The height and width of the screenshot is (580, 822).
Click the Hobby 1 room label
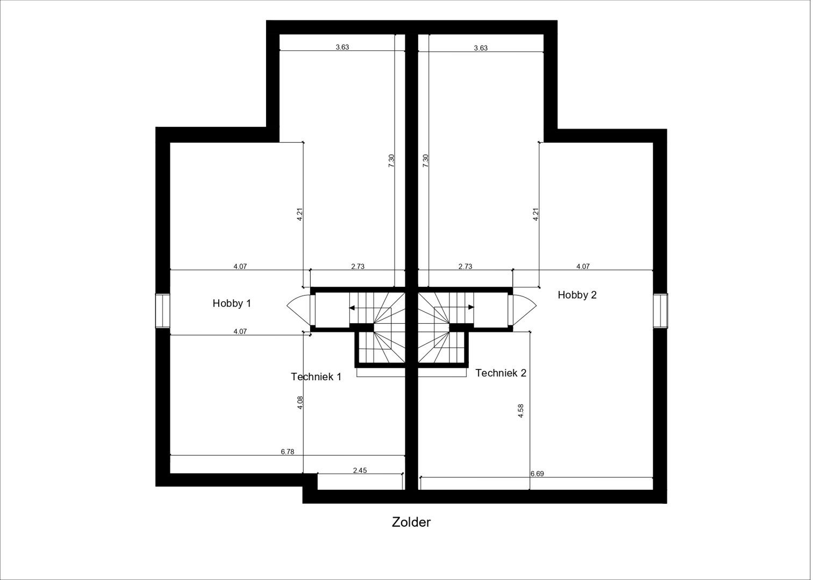coord(232,303)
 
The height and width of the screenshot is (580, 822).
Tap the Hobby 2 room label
coord(577,295)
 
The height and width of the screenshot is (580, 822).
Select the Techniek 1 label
coord(316,376)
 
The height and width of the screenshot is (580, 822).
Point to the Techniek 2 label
coord(501,373)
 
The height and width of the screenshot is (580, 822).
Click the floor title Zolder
coord(411,522)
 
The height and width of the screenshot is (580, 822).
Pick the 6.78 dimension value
coord(287,452)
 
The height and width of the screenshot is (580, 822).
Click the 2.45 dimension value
coord(360,470)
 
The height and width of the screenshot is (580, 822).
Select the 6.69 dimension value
coord(537,474)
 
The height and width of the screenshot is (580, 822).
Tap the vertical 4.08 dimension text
coord(301,403)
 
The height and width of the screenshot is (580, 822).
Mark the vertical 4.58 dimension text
coord(520,411)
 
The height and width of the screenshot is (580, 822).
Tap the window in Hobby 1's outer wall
coord(162,311)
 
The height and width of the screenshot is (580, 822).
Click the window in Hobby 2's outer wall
coord(660,310)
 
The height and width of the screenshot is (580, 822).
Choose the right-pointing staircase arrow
coord(471,307)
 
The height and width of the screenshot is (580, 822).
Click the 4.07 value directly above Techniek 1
coord(240,331)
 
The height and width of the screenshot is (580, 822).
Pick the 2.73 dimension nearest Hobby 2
coord(465,266)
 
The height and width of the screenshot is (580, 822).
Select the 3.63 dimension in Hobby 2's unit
coord(481,48)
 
